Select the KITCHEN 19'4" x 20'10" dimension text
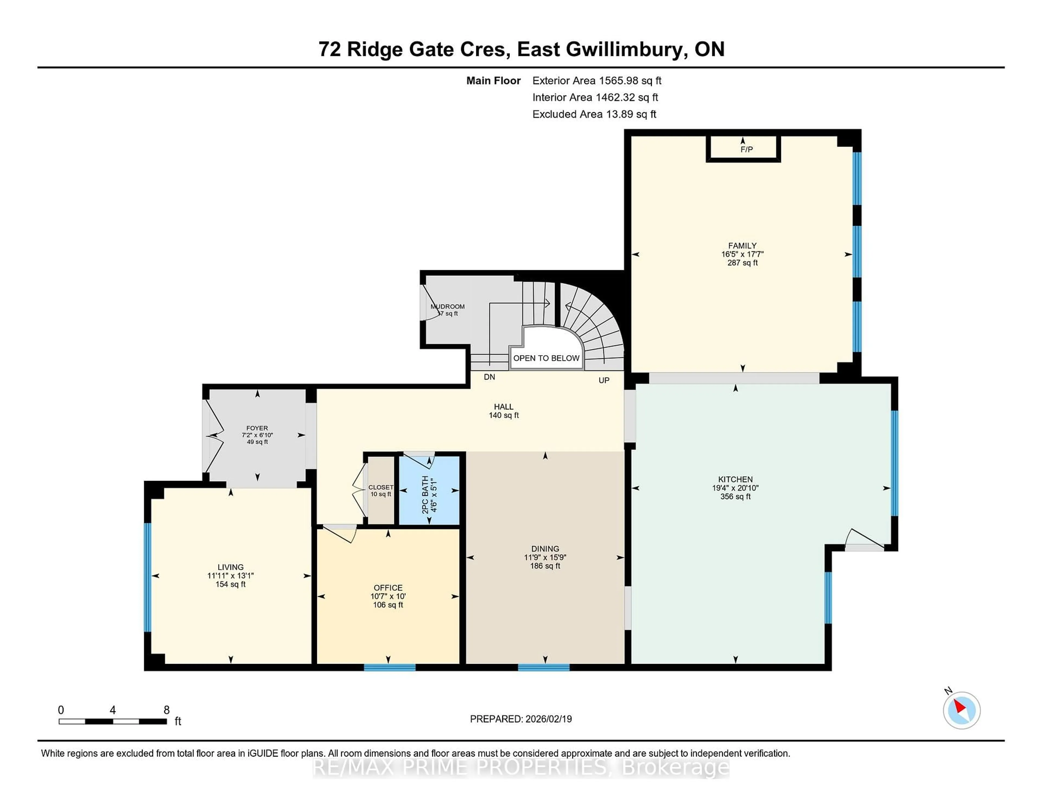click(735, 488)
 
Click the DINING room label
click(545, 549)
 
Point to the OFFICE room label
click(388, 588)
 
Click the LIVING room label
click(230, 567)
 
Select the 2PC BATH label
click(425, 495)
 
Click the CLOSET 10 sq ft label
click(381, 490)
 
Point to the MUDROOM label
click(447, 307)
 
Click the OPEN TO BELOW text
click(546, 358)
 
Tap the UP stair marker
click(604, 380)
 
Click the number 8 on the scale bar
click(167, 710)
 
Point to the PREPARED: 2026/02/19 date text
click(520, 719)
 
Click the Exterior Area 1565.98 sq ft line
click(596, 81)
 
